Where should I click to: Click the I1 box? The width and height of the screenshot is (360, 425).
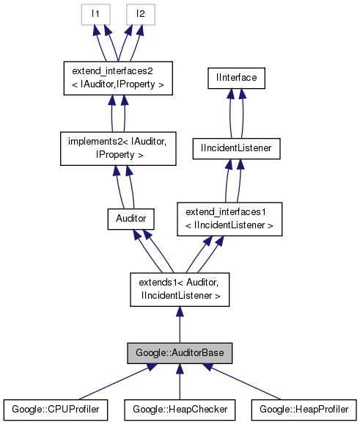coord(96,13)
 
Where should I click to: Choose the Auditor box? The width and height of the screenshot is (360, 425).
coord(129,218)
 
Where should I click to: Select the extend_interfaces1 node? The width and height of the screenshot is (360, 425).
coord(229,219)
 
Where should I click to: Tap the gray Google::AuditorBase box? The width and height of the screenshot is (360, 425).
coord(180,353)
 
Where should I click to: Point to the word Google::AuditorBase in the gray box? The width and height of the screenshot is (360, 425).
coord(180,353)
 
